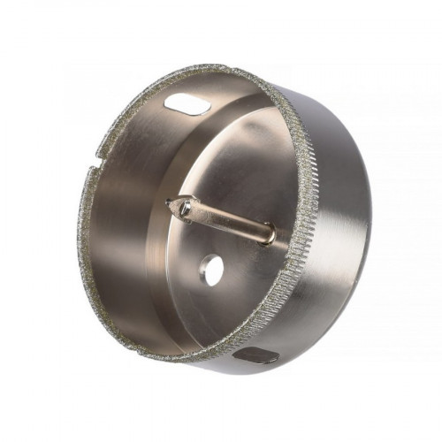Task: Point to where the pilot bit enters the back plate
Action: point(269,236)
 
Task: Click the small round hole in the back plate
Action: point(211,268)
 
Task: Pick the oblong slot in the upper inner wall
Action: point(187,105)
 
